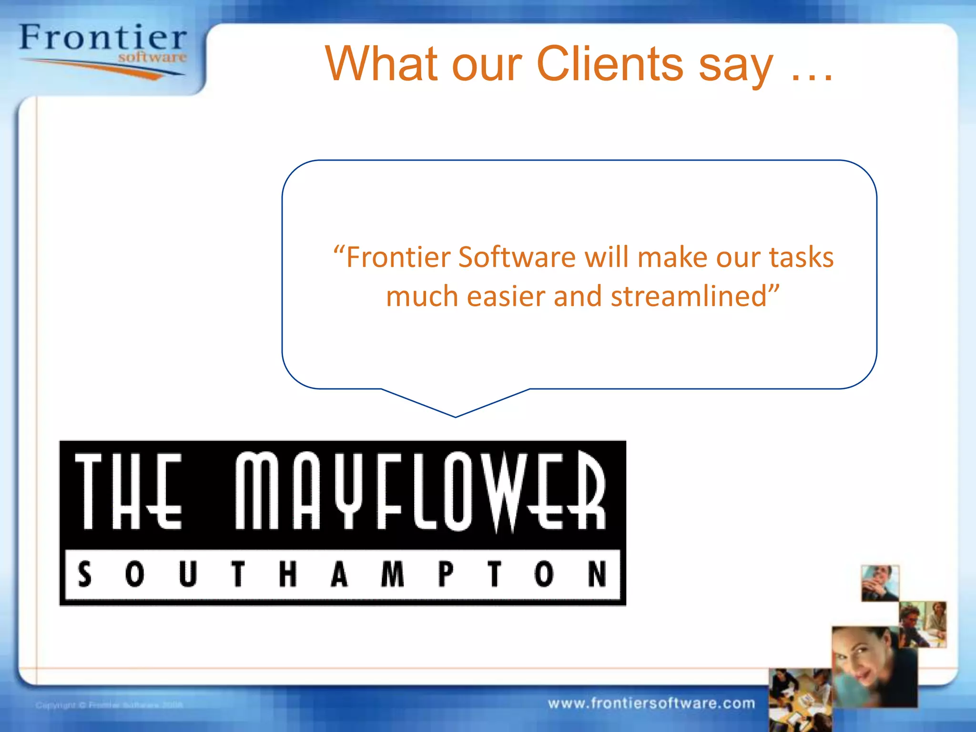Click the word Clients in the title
610,64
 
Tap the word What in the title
381,64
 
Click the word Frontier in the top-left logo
103,38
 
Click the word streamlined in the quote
689,296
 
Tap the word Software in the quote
518,258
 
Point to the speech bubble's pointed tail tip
456,416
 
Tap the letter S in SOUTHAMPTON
85,574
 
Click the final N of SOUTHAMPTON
597,574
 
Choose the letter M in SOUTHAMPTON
393,574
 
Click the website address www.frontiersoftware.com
651,703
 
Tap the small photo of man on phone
880,583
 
